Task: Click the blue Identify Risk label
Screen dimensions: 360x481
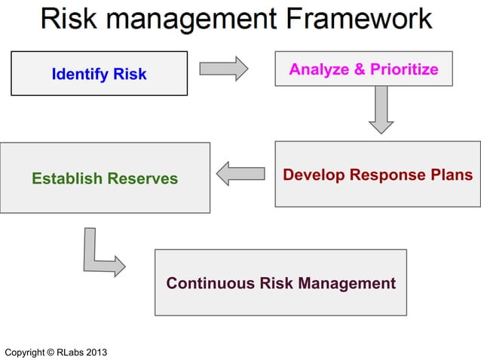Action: coord(99,74)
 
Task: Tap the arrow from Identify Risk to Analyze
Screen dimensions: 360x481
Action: coord(223,69)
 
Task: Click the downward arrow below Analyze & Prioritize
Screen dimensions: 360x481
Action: coord(381,108)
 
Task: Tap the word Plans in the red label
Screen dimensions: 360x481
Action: coord(453,175)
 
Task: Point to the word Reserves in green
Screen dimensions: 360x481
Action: coord(143,178)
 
